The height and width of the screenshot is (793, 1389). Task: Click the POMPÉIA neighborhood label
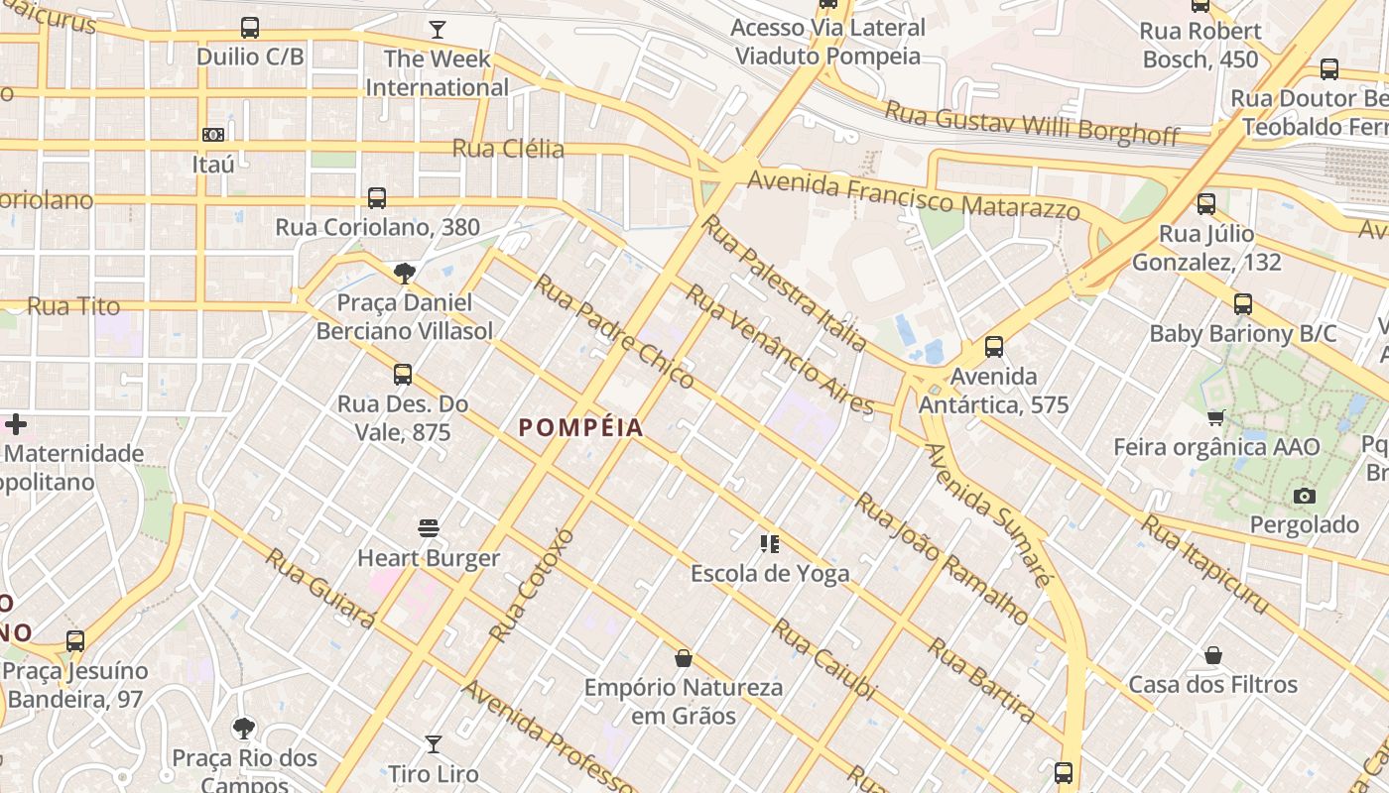tap(581, 428)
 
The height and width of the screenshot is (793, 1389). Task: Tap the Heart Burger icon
tap(429, 528)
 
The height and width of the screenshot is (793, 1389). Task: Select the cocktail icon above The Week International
tap(437, 29)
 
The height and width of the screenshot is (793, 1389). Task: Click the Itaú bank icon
tap(213, 135)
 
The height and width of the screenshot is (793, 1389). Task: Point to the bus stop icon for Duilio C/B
tap(250, 28)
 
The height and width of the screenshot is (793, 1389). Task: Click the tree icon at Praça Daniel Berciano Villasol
tap(404, 274)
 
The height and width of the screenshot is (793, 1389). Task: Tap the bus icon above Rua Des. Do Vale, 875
tap(403, 375)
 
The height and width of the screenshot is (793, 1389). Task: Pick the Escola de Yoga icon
tap(770, 543)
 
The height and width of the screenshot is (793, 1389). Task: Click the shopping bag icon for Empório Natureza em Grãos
tap(684, 657)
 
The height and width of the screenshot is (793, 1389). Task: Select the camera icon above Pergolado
tap(1305, 496)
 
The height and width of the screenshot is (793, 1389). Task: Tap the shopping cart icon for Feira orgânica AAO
tap(1216, 417)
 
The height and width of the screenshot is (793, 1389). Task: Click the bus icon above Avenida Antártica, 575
tap(994, 347)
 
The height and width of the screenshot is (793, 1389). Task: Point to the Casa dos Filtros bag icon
tap(1212, 655)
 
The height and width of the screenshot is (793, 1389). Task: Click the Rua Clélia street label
tap(508, 150)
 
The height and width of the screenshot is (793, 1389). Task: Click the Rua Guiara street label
tap(319, 588)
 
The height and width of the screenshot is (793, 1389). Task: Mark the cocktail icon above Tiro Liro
tap(434, 743)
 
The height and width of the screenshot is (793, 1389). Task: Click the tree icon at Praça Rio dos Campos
tap(244, 729)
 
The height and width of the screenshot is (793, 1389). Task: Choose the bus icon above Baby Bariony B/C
tap(1243, 303)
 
